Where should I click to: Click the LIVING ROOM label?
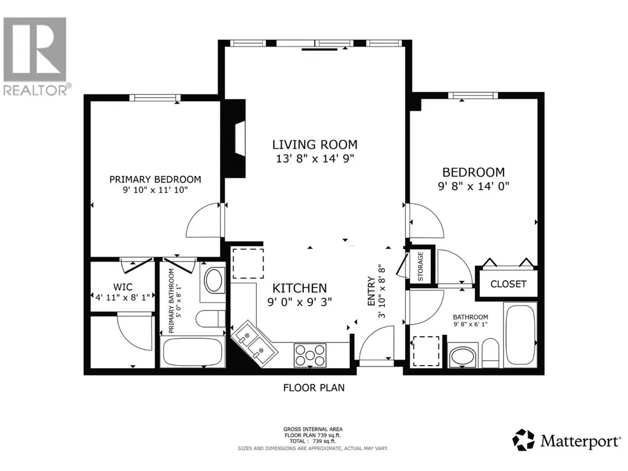tap(315, 145)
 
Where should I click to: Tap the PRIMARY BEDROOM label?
tap(156, 179)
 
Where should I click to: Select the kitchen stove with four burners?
tap(310, 355)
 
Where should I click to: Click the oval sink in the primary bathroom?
tap(214, 281)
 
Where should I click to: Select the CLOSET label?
tap(509, 284)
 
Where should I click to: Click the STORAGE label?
tap(420, 266)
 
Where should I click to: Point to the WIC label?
tap(123, 287)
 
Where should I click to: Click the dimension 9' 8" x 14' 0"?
tap(474, 186)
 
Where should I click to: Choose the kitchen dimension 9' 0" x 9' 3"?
tap(300, 301)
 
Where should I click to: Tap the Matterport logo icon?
tap(523, 440)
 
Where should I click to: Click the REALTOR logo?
tap(36, 56)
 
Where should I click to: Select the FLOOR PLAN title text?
tap(314, 388)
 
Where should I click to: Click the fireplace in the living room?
tap(235, 138)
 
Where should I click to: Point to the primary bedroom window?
tap(155, 98)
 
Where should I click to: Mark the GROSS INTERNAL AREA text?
tap(313, 429)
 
